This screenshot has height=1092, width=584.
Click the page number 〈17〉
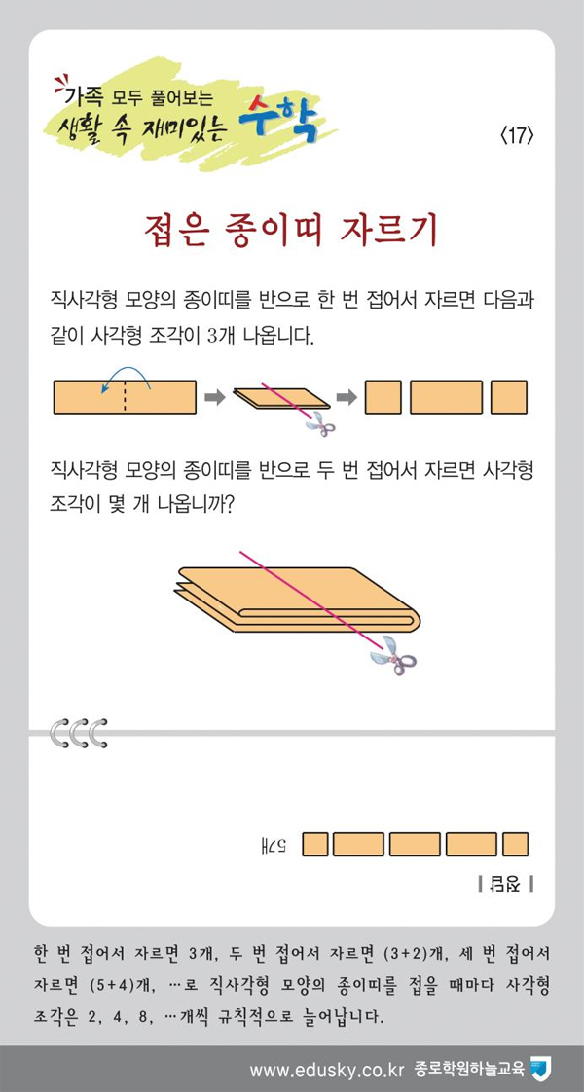click(517, 136)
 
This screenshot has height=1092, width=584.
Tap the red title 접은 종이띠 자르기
click(292, 232)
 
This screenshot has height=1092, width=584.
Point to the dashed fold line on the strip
click(126, 397)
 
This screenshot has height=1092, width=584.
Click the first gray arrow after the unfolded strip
click(215, 397)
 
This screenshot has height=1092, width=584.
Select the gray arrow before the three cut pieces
click(347, 397)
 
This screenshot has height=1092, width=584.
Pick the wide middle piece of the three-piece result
click(446, 397)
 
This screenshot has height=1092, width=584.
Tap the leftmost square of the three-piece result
click(383, 397)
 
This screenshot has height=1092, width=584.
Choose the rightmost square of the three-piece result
click(509, 397)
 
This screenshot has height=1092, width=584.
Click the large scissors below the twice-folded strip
click(393, 655)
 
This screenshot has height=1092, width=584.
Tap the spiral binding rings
click(79, 733)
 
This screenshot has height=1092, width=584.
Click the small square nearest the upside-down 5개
click(315, 844)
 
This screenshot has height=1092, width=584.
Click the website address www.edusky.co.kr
click(326, 1070)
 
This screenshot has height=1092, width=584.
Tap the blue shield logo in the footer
click(540, 1069)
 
